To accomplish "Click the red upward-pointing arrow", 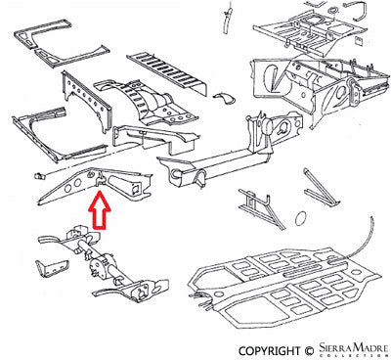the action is [100, 210].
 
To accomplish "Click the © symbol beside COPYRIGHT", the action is [309, 351].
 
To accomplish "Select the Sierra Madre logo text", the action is [352, 347].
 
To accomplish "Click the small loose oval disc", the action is [301, 218].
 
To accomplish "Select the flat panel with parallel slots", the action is [166, 73].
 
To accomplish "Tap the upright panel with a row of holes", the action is [87, 100].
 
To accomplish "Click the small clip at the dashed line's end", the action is [39, 175].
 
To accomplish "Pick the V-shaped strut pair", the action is [321, 189].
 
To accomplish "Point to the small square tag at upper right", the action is [359, 41].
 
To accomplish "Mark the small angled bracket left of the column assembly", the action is [52, 268].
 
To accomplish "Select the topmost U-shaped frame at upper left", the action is [61, 44].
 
